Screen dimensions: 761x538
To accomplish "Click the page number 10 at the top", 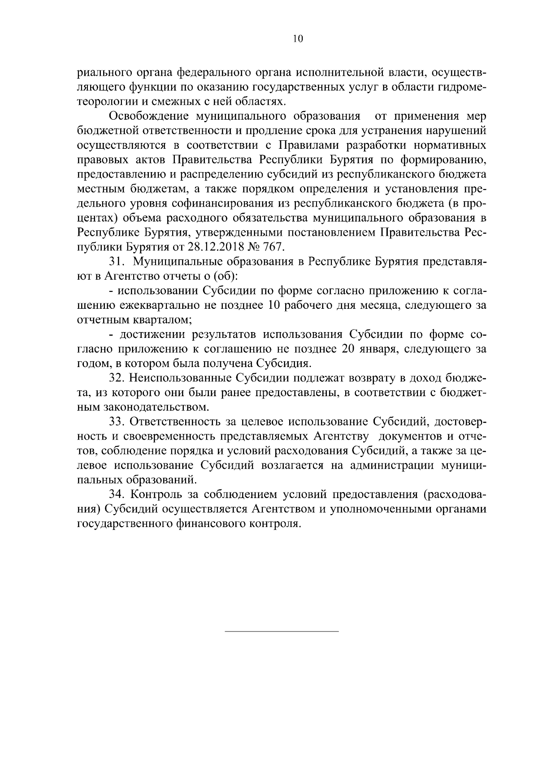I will coord(298,39).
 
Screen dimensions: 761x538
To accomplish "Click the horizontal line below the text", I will coord(281,631).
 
